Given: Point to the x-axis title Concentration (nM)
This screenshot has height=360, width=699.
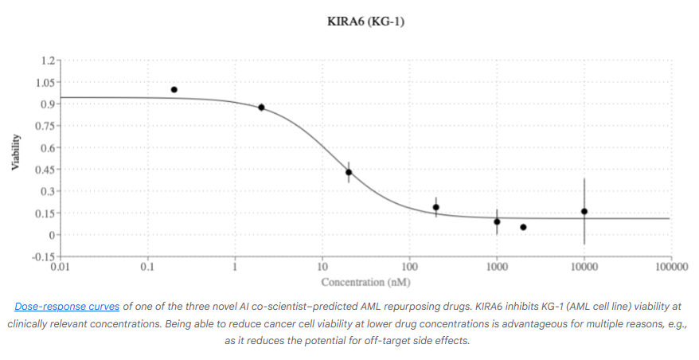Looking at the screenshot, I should (x=365, y=282).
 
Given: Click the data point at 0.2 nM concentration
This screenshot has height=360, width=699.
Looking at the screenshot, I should (x=174, y=90).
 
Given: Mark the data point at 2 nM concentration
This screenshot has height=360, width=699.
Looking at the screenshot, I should (x=261, y=108).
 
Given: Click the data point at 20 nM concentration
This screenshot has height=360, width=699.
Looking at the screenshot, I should (x=349, y=172).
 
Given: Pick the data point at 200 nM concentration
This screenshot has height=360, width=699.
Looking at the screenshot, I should (x=436, y=207).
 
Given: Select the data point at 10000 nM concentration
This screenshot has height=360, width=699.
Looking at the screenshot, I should (x=584, y=211).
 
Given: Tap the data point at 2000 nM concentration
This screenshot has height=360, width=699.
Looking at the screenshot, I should (x=523, y=227).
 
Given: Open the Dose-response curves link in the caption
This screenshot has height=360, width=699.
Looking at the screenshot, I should (x=67, y=306).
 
